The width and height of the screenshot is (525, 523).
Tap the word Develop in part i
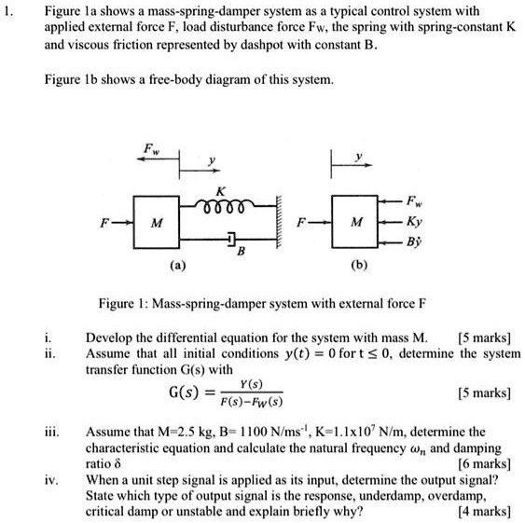point(110,337)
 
